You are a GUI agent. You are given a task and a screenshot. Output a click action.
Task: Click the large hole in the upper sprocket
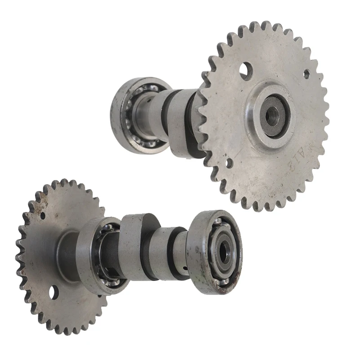click(x=245, y=69)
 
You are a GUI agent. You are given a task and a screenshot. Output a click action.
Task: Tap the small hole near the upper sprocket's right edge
click(x=307, y=74)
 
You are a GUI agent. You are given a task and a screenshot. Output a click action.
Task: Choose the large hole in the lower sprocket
click(x=54, y=293)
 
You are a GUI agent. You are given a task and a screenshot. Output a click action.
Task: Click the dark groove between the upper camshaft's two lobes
click(x=165, y=115)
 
